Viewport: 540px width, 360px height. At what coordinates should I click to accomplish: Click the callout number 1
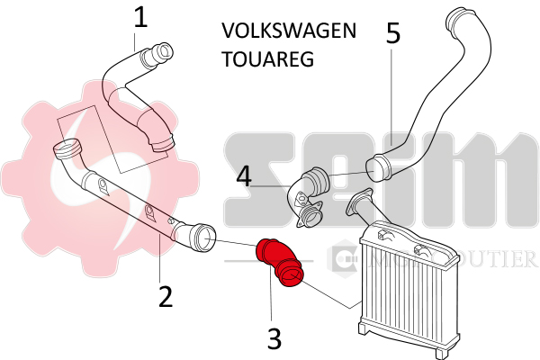(139, 18)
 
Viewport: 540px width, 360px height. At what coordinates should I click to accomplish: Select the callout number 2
(164, 295)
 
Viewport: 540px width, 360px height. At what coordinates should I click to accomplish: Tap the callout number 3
(274, 337)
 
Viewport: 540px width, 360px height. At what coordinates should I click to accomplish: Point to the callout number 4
(244, 175)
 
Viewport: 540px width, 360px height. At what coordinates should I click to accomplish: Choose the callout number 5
(392, 33)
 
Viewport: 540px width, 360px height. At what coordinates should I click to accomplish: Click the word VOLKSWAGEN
(288, 31)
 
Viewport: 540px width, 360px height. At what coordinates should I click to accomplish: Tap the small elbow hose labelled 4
(310, 185)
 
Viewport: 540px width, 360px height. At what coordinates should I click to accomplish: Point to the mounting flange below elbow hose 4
(313, 216)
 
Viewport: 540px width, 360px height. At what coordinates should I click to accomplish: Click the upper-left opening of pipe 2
(66, 148)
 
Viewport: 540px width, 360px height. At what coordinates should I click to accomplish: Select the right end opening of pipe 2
(202, 238)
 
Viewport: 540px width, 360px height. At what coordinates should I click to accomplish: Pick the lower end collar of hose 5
(377, 166)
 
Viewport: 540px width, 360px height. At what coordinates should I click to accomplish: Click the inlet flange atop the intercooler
(361, 202)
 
